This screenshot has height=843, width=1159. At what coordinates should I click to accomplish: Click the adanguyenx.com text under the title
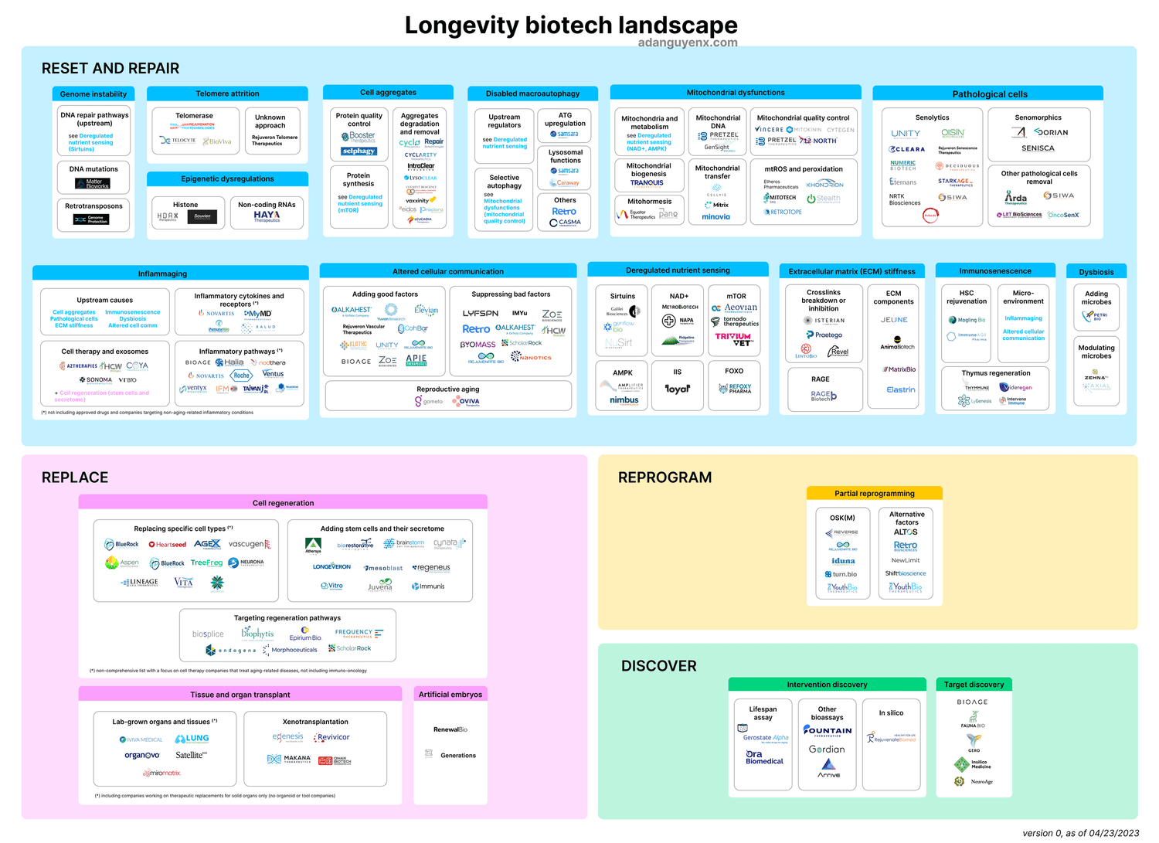pos(688,43)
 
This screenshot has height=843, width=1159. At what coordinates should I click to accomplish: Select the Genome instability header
pos(93,94)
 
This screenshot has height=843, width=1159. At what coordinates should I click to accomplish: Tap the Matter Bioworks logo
pos(93,184)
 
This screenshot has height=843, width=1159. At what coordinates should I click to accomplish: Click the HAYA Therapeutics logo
pos(267,216)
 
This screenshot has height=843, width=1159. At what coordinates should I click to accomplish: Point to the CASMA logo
pos(565,223)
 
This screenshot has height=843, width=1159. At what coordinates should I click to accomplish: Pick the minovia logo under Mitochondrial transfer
pos(715,217)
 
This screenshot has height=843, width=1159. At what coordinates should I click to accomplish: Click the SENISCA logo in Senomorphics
pos(1038,148)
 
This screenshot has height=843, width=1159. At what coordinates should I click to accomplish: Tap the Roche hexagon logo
pos(242,376)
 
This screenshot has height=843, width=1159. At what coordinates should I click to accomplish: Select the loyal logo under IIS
pos(678,389)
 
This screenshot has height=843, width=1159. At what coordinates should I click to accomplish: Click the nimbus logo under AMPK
pos(624,400)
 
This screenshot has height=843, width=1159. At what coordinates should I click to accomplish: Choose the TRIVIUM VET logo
pos(733,338)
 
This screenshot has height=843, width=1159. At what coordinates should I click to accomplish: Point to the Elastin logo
pos(901,390)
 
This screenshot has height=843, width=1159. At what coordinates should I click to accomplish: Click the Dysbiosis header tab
pos(1096,272)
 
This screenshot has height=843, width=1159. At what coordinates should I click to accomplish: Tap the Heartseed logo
pos(168,545)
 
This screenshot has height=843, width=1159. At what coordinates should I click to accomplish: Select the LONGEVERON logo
pos(331,567)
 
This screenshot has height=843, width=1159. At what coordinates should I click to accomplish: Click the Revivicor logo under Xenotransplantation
pos(333,737)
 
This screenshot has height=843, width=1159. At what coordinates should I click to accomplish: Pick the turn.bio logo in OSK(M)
pos(841,574)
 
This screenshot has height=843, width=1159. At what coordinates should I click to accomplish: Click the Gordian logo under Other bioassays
pos(827,750)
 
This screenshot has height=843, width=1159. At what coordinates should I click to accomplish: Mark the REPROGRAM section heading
pos(664,478)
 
